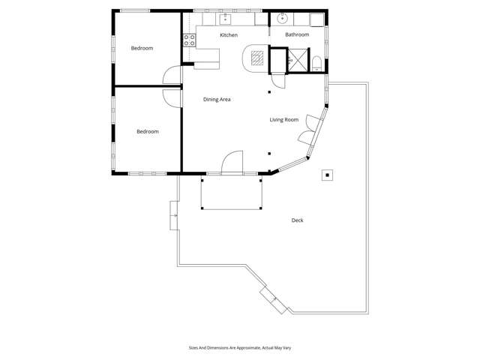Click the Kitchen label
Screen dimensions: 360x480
pyautogui.click(x=229, y=35)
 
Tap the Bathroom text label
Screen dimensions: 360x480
pyautogui.click(x=297, y=35)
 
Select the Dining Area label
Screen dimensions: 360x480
pyautogui.click(x=217, y=99)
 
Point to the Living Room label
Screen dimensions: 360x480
pyautogui.click(x=284, y=120)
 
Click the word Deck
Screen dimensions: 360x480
pyautogui.click(x=298, y=220)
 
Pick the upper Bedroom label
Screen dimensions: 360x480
pyautogui.click(x=142, y=48)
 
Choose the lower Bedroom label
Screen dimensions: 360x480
pyautogui.click(x=147, y=132)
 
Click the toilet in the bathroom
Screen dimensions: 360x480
pyautogui.click(x=317, y=63)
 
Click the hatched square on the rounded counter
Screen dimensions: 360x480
pyautogui.click(x=257, y=57)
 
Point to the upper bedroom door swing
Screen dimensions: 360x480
pyautogui.click(x=172, y=75)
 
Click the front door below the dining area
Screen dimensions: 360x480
pyautogui.click(x=232, y=163)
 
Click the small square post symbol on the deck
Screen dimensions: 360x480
pyautogui.click(x=327, y=175)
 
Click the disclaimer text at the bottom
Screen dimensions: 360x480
pyautogui.click(x=239, y=348)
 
